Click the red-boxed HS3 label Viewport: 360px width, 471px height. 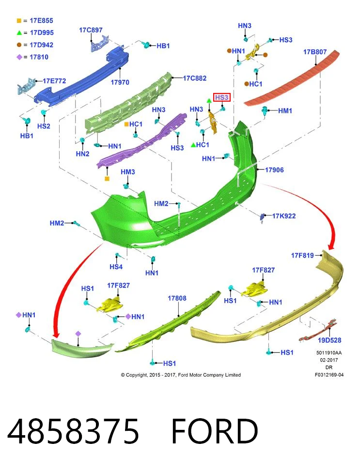point(221,97)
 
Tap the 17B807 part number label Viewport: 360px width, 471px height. point(314,52)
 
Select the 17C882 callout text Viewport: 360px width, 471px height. point(195,78)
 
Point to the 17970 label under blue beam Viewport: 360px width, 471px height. point(120,82)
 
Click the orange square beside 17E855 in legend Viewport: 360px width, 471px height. point(19,21)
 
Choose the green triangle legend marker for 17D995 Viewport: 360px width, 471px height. point(19,33)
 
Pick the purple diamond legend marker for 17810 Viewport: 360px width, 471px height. point(19,57)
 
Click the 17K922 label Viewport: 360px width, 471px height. point(283,216)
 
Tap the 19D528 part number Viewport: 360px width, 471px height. point(329,340)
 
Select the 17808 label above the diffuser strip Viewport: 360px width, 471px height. point(177,298)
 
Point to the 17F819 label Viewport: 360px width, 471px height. point(302,256)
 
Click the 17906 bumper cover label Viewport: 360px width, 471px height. point(274,170)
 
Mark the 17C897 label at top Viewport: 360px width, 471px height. point(91,30)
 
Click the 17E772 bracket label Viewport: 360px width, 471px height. point(54,81)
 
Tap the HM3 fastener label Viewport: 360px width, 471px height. point(127,172)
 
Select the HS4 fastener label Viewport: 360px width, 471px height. point(116,267)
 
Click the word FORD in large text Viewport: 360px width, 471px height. point(215,431)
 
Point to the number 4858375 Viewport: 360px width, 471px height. point(73,431)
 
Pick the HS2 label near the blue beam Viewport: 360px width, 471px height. point(44,126)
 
